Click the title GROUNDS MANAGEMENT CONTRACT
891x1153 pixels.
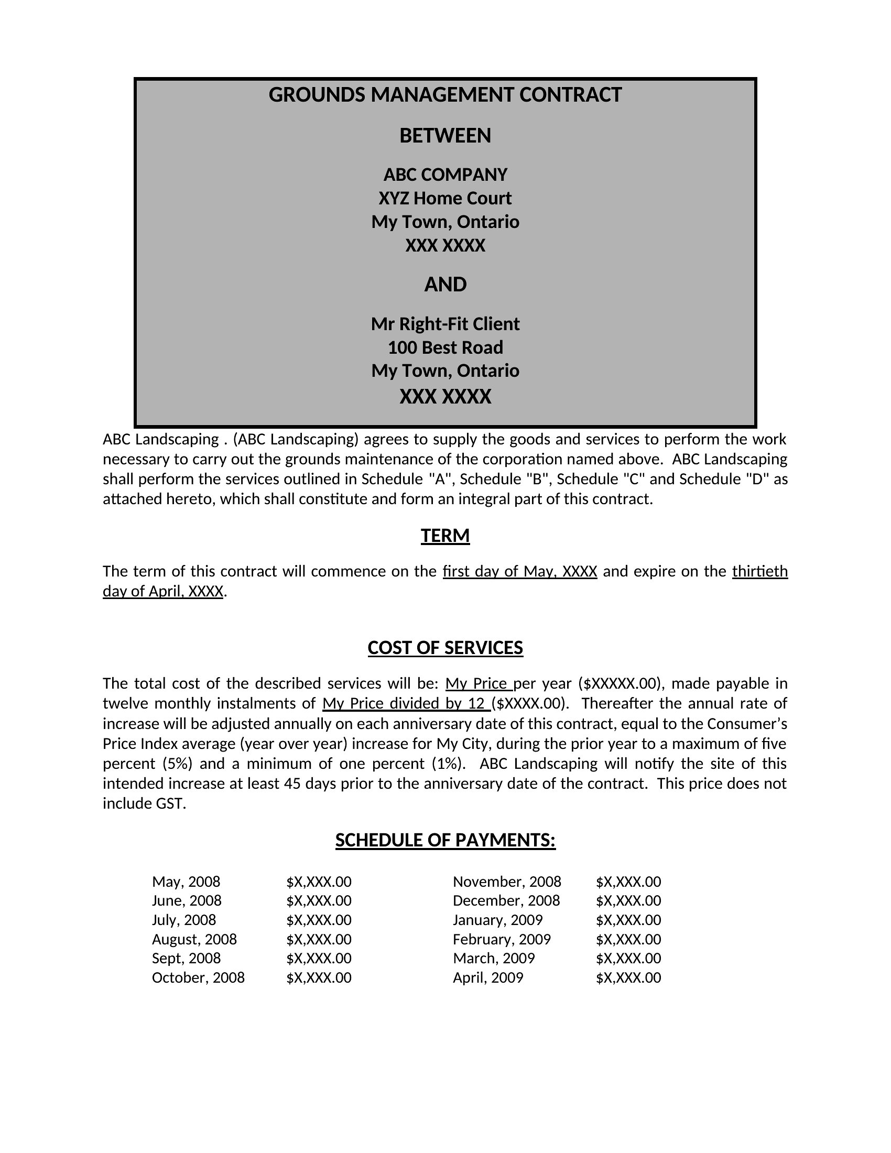[445, 95]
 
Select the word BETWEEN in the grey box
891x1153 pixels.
[445, 136]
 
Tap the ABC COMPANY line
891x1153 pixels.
[445, 175]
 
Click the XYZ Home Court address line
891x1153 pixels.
[445, 199]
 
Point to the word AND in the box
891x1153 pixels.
[445, 285]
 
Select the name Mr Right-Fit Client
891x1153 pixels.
[445, 323]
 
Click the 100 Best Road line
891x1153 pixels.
[445, 347]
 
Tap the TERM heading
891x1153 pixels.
[445, 535]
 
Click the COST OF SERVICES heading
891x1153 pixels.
[445, 648]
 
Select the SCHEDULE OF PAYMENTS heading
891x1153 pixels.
[445, 840]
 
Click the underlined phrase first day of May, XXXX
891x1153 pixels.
[519, 571]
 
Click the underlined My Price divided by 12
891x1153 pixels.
[404, 704]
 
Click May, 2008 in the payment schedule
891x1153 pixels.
[186, 882]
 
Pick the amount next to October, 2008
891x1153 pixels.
[319, 978]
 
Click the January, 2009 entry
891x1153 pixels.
[497, 920]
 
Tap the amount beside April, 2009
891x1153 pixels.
[628, 978]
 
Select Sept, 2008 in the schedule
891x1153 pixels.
[186, 958]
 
